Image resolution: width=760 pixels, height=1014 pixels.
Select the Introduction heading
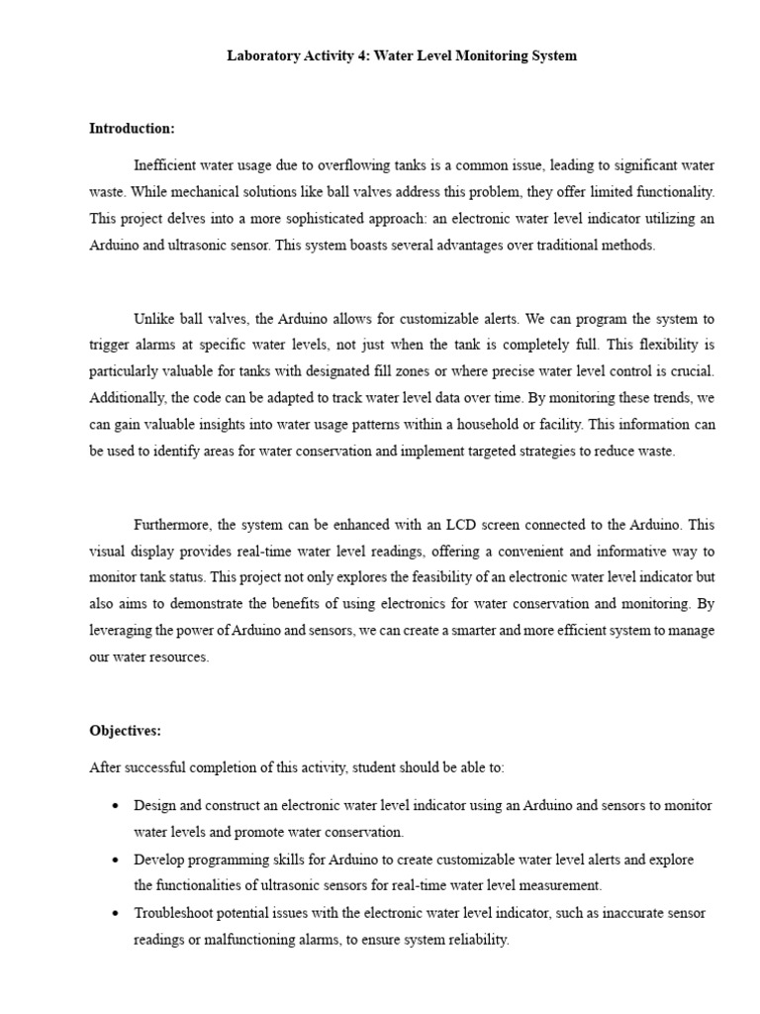pos(132,129)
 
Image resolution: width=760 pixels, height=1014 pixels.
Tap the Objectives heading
pos(125,731)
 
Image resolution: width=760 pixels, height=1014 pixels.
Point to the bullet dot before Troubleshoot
pos(116,913)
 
